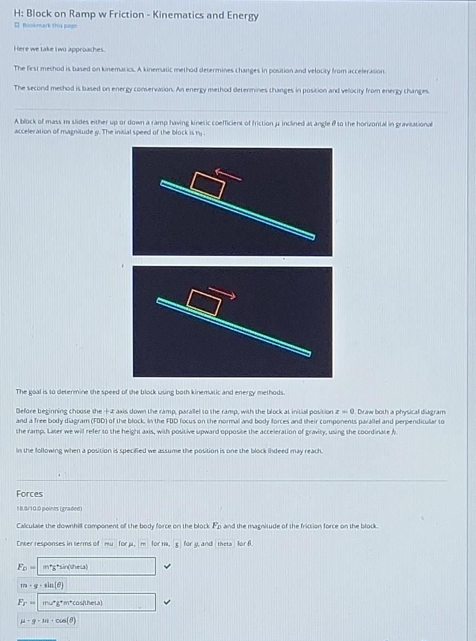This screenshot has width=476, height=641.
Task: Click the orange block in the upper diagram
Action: pyautogui.click(x=208, y=185)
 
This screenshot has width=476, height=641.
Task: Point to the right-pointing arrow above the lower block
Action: pyautogui.click(x=222, y=294)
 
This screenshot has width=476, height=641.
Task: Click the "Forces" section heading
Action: pyautogui.click(x=30, y=493)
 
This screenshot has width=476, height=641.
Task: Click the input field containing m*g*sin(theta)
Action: pyautogui.click(x=96, y=566)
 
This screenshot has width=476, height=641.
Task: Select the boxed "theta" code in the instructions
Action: pyautogui.click(x=225, y=543)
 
